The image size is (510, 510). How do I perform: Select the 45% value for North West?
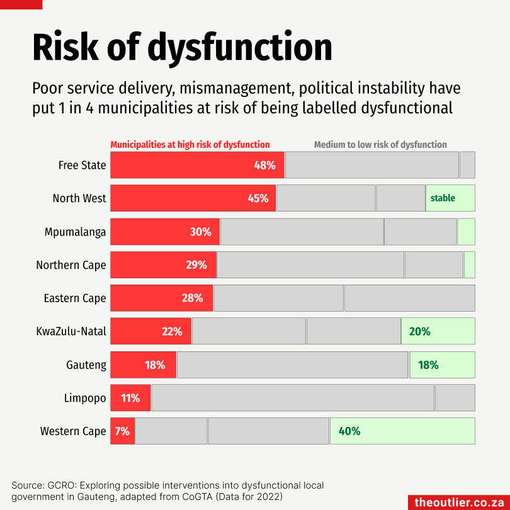click(258, 198)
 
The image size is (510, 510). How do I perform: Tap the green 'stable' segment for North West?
click(450, 198)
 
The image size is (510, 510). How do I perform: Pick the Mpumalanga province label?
click(75, 232)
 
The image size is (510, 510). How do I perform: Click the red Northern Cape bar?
click(163, 265)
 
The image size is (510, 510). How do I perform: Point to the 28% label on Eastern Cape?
click(192, 298)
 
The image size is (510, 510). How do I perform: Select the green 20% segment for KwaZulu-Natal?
click(438, 331)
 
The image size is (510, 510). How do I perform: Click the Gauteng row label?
click(86, 365)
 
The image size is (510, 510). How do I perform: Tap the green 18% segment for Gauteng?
click(442, 365)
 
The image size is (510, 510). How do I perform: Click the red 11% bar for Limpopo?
click(130, 398)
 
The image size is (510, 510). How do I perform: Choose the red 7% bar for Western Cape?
click(122, 431)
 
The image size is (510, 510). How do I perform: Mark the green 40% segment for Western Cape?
click(402, 431)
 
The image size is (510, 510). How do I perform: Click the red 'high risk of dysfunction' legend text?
click(190, 145)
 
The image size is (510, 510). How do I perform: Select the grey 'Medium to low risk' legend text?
click(380, 145)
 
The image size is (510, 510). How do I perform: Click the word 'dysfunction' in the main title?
click(240, 47)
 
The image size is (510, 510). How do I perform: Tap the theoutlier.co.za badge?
click(459, 502)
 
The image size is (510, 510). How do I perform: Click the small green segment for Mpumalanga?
click(466, 232)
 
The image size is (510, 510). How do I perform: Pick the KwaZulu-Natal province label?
click(71, 331)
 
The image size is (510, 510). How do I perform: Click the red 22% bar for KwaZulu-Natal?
click(151, 331)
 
